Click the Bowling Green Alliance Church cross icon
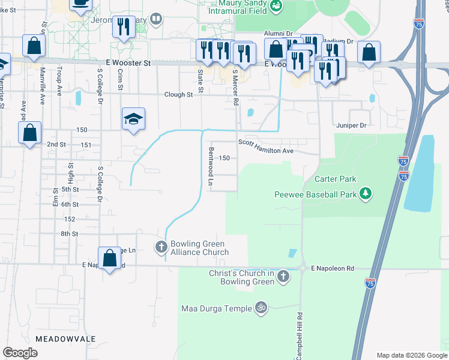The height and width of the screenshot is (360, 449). (x=161, y=247)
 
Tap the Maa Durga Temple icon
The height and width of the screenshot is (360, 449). (x=261, y=308)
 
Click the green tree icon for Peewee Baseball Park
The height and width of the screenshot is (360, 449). (x=364, y=194)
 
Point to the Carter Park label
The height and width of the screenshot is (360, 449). (x=335, y=179)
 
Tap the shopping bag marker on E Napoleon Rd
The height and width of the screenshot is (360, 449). (x=109, y=259)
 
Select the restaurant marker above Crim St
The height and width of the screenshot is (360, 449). (x=124, y=27)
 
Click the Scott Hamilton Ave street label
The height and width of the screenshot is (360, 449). (x=265, y=147)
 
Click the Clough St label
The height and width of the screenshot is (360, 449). (x=179, y=94)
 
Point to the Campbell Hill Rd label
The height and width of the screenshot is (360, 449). (x=299, y=336)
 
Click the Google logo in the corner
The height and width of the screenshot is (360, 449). (x=20, y=353)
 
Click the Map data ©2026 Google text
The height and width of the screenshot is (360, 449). (x=412, y=355)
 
